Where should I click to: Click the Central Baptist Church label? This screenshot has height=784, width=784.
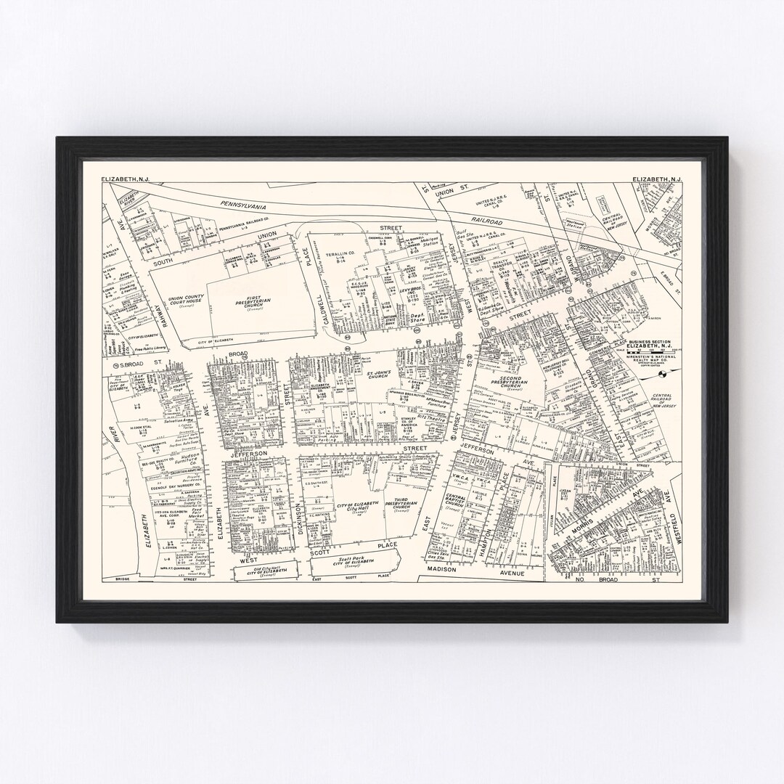pyautogui.click(x=457, y=501)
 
